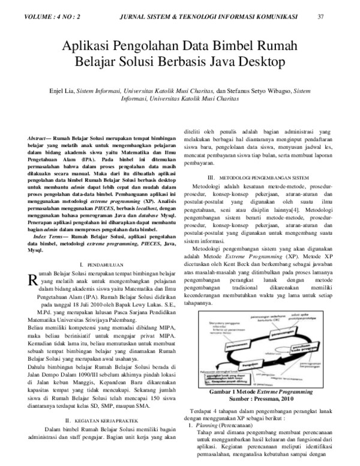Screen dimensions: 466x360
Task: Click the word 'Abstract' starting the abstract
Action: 40,138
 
